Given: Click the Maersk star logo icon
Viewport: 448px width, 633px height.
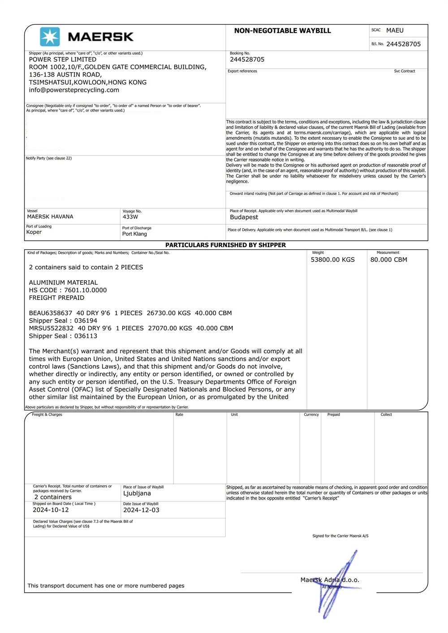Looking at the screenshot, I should [x=50, y=37].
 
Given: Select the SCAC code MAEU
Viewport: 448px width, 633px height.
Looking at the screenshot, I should [x=395, y=30].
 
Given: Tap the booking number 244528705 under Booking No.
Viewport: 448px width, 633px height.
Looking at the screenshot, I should [x=247, y=60].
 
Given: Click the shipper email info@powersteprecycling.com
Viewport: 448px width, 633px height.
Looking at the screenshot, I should [x=74, y=90].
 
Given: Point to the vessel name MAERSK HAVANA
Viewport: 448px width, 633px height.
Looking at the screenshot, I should [x=50, y=217].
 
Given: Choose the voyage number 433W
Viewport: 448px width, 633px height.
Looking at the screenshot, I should [x=130, y=217].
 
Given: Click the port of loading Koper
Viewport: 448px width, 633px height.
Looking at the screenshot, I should [x=34, y=232].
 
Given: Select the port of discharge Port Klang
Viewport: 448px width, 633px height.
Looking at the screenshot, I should [x=134, y=234].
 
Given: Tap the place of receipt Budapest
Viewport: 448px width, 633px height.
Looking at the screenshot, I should [x=244, y=217].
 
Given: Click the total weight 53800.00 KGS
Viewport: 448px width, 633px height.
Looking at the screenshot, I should [x=332, y=260].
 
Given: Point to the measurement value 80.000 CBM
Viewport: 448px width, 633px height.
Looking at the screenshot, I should [x=388, y=260].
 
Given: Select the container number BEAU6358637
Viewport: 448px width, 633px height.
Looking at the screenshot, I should [x=51, y=313].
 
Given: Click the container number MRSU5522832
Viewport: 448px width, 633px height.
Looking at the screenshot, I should [x=51, y=328].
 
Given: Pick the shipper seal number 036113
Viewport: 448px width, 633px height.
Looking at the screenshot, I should [x=86, y=336].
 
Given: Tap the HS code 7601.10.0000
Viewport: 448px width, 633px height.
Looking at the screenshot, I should [x=86, y=290].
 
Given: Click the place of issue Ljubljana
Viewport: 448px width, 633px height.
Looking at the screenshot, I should [x=137, y=493].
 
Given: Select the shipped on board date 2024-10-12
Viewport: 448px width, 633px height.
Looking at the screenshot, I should [x=51, y=510].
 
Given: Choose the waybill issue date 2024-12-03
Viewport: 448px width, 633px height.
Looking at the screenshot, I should [x=141, y=510].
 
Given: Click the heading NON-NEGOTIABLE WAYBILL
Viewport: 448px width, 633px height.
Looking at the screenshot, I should [x=282, y=31].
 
